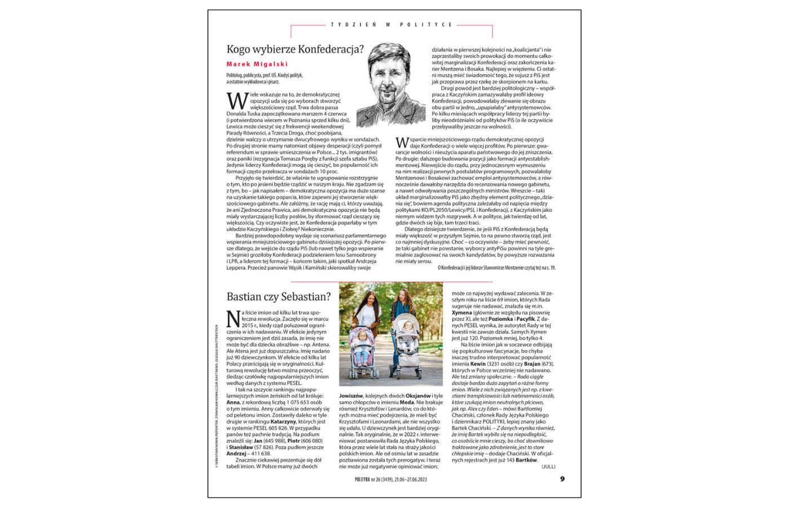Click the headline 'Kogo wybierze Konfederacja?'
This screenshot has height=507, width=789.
(x=295, y=49)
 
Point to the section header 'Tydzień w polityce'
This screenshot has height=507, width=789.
(x=392, y=25)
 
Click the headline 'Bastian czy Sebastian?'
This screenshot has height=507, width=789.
(x=278, y=296)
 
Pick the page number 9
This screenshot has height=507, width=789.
(x=562, y=479)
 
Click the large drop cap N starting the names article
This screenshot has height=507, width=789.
(x=233, y=318)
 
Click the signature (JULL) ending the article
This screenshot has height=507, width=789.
(x=548, y=466)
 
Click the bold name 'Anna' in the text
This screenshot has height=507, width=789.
(x=233, y=402)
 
